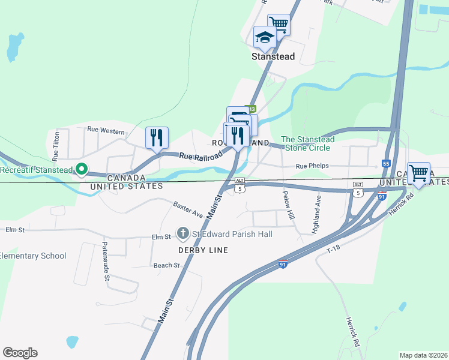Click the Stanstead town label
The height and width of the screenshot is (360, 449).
[273, 56]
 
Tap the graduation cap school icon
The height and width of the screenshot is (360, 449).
[264, 38]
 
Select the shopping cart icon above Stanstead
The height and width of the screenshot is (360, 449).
[279, 25]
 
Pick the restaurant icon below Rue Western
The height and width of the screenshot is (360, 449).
[157, 137]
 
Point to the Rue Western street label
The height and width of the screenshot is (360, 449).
[106, 130]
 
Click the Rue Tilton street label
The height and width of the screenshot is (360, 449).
[55, 146]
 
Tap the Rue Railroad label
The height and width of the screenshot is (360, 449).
[200, 155]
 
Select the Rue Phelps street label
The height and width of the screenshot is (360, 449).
[310, 166]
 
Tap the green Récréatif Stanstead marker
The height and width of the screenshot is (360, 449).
[82, 170]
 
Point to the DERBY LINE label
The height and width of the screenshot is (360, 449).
[203, 250]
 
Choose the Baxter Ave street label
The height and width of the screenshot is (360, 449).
[188, 209]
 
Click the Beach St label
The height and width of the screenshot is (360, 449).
[166, 265]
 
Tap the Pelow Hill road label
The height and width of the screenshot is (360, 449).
[289, 205]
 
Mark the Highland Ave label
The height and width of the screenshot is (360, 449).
[316, 214]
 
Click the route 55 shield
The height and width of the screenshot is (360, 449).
[386, 163]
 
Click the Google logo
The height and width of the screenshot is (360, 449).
[20, 353]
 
